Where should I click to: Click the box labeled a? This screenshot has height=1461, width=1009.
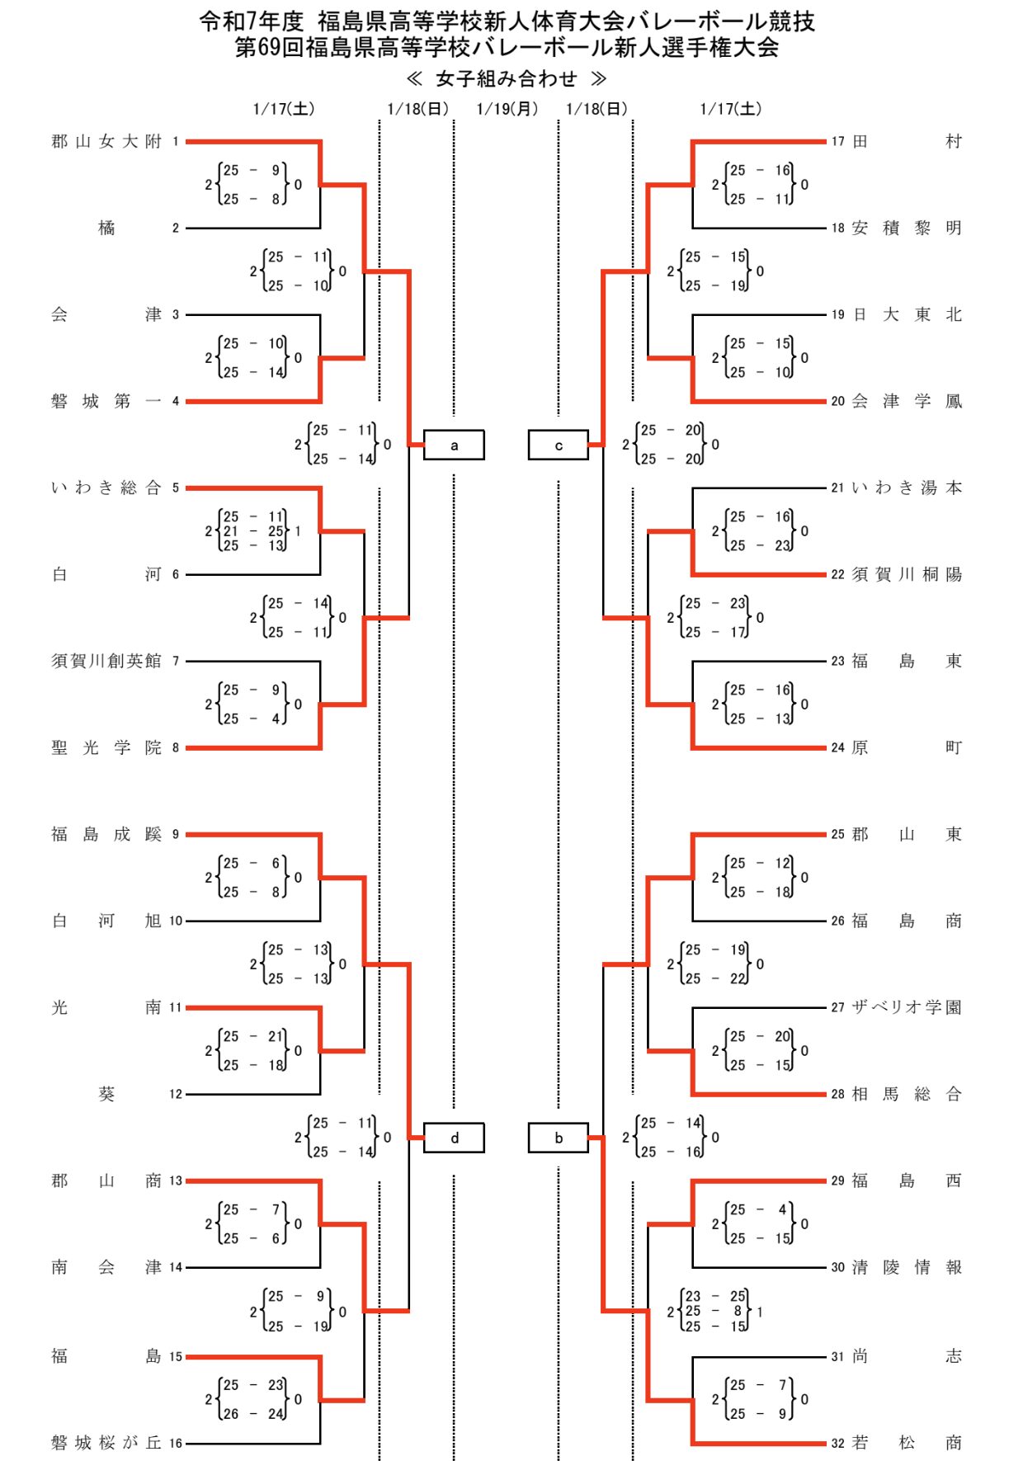coord(454,445)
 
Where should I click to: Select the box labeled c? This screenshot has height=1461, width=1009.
coord(559,445)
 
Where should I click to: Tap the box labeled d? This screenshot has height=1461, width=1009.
coord(454,1138)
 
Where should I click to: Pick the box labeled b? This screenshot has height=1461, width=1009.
coord(559,1138)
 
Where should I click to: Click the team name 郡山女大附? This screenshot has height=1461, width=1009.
coord(106,142)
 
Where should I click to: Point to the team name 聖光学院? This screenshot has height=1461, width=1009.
coord(106,747)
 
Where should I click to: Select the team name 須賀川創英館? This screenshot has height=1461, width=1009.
coord(106,661)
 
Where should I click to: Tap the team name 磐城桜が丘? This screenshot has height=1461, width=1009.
coord(106,1443)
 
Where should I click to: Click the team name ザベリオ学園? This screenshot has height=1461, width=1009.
coord(907,1007)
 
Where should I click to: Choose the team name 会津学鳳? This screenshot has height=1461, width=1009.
coord(907,402)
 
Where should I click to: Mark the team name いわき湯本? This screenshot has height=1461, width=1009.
coord(907,488)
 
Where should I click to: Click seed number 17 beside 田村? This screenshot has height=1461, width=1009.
coord(837,142)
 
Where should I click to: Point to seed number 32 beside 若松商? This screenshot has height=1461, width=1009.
coord(837,1443)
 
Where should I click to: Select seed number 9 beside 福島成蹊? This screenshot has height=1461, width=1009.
coord(175,835)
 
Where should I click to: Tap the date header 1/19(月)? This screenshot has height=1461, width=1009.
coord(507,109)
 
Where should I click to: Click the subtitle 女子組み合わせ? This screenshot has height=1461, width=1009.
coord(507,78)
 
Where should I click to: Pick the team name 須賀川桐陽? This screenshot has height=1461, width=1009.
coord(907,575)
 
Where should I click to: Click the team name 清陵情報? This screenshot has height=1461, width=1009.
coord(907,1268)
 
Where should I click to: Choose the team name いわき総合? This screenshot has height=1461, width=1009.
coord(106,488)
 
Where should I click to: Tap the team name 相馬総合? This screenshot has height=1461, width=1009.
coord(907,1095)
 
